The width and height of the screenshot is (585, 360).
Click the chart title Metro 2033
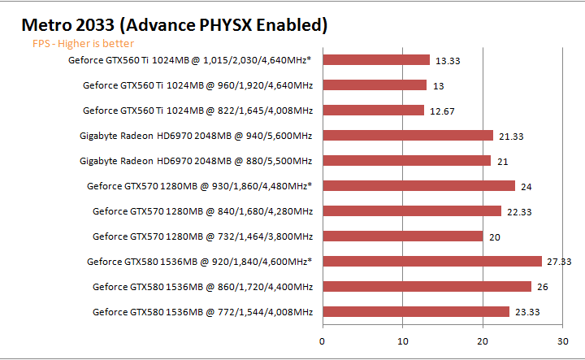tap(174, 24)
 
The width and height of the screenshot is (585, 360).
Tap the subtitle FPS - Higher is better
tap(83, 44)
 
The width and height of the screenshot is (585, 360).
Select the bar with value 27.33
tap(432, 261)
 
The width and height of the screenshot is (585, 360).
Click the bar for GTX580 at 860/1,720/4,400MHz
tap(427, 286)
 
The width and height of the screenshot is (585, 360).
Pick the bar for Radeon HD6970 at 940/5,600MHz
tap(408, 135)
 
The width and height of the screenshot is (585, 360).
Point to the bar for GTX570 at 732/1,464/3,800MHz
tap(403, 236)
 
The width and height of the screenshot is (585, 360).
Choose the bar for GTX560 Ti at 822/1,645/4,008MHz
tap(374, 110)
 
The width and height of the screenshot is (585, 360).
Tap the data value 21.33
tap(512, 135)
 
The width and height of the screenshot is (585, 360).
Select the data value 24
tap(526, 186)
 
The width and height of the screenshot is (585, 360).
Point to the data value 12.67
tap(443, 110)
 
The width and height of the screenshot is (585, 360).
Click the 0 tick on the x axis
tap(323, 340)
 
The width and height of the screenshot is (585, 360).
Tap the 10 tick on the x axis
tap(403, 340)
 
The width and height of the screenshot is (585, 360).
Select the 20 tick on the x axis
tap(483, 340)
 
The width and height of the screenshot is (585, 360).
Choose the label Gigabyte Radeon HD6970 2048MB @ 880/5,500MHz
tap(196, 160)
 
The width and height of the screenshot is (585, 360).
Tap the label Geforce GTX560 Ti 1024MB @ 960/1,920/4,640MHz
tap(197, 85)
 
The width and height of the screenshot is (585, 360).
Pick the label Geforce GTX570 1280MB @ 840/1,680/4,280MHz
tap(202, 210)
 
